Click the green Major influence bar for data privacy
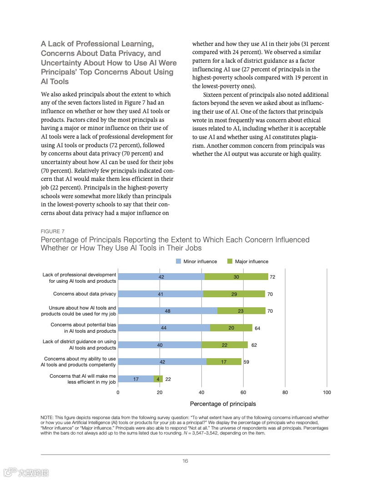[x=234, y=294]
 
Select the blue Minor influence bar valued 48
[x=167, y=311]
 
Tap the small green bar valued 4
[x=158, y=379]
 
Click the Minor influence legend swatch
[x=179, y=261]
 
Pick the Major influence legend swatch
[x=230, y=261]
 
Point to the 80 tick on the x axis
[x=285, y=392]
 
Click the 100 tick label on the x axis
[x=326, y=392]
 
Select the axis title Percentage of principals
[x=223, y=404]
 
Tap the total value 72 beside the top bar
[x=272, y=277]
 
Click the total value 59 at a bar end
[x=246, y=362]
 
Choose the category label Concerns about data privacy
[x=85, y=294]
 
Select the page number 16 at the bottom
[x=185, y=461]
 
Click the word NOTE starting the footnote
[x=47, y=417]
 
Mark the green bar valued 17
[x=224, y=362]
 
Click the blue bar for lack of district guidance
[x=160, y=345]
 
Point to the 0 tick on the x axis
[x=118, y=392]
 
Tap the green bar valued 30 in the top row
[x=236, y=277]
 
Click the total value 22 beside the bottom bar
[x=168, y=379]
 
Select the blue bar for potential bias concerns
[x=164, y=328]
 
